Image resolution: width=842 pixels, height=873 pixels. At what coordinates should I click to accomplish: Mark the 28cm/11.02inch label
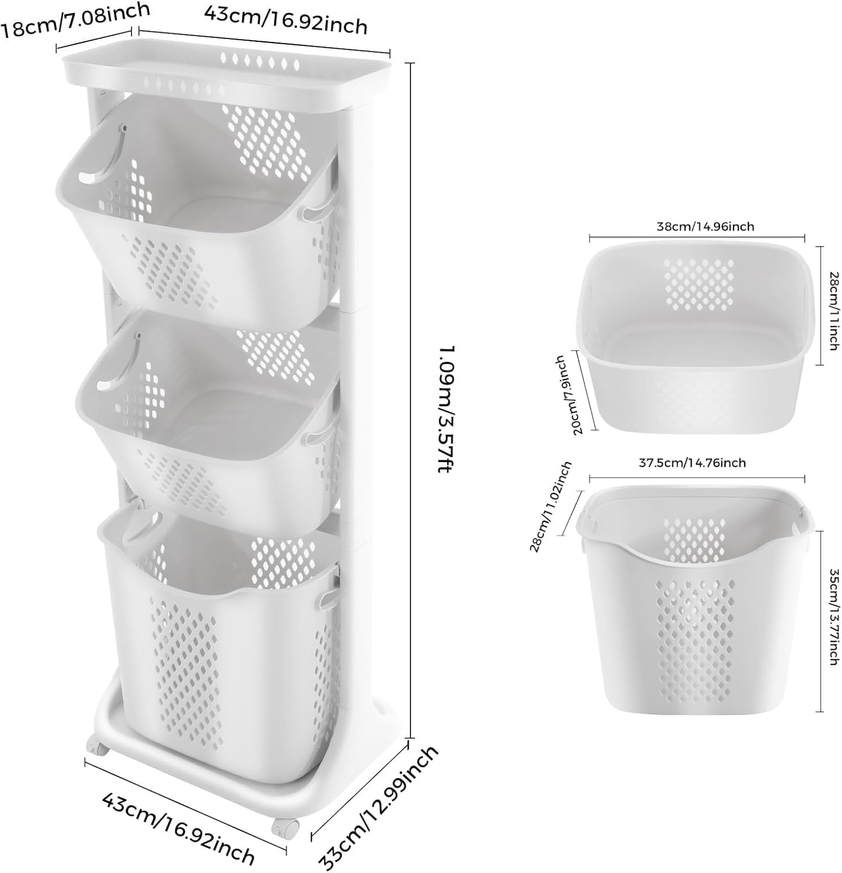[550, 506]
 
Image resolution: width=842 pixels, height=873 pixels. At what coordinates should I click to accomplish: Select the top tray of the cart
[227, 76]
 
